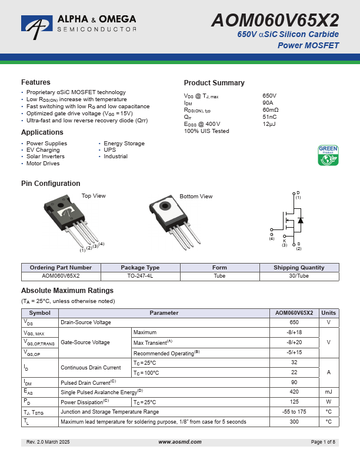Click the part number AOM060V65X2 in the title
tap(275, 21)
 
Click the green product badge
tap(328, 155)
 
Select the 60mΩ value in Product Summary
tap(271, 110)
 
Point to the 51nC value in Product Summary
tap(269, 117)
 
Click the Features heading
tap(36, 82)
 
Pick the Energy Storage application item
tap(124, 144)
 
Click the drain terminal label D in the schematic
tap(298, 193)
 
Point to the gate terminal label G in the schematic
tap(272, 234)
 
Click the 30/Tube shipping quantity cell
tap(299, 276)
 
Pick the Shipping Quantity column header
tap(299, 267)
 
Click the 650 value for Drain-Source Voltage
tap(294, 322)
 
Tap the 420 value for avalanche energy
tap(294, 391)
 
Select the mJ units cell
tap(329, 391)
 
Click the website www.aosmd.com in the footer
tap(180, 441)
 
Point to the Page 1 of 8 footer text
tap(323, 441)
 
